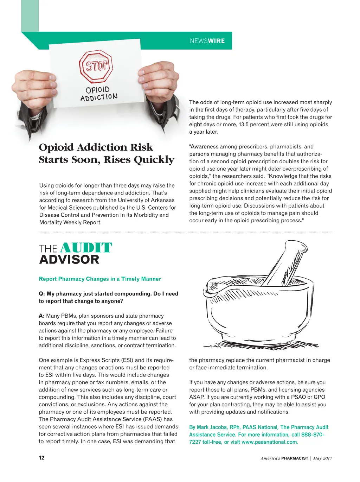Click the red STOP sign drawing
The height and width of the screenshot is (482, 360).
point(96,66)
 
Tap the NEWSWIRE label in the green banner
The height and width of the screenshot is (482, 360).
point(207,41)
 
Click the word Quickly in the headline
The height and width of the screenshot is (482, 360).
point(154,160)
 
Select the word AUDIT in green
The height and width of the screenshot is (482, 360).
point(86,248)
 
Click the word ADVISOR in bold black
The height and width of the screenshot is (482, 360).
point(69,260)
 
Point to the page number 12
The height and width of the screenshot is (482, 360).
point(41,458)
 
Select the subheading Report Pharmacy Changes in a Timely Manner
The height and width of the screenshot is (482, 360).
point(99,279)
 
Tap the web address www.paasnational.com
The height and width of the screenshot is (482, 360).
point(270,442)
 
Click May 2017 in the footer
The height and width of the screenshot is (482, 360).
point(322,458)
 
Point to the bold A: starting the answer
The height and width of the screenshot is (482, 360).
point(41,316)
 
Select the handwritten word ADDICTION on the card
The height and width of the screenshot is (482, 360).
point(99,97)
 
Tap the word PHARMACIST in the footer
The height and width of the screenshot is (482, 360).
point(295,458)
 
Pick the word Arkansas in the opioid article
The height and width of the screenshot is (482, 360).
point(160,200)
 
